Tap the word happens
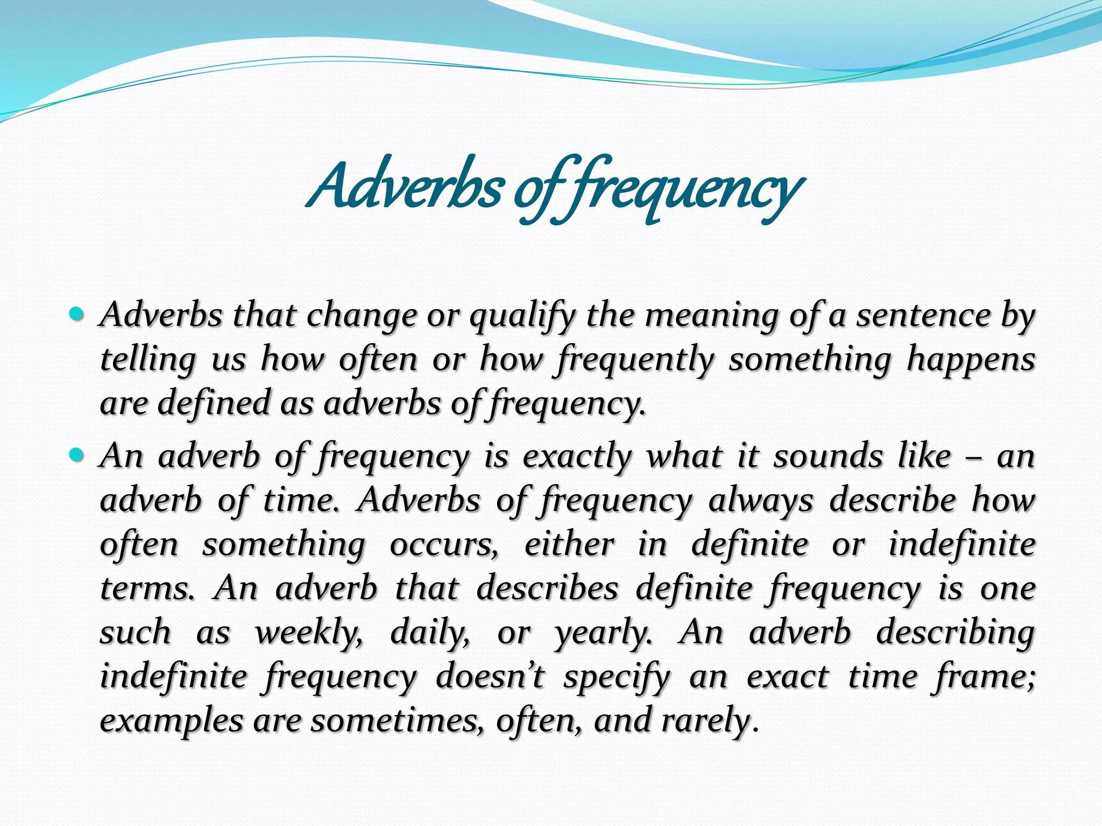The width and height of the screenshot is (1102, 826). coord(971,360)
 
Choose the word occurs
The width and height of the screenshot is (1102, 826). coord(443,544)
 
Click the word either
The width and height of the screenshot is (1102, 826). coord(569,544)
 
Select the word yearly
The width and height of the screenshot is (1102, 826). coord(603,633)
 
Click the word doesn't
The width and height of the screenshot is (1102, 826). coord(490,677)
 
